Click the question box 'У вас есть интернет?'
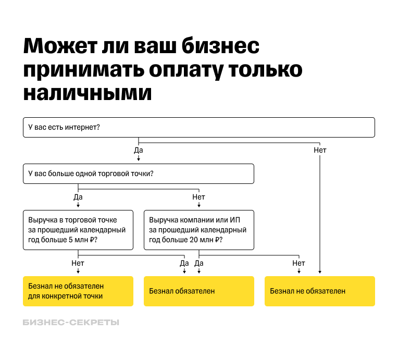pyautogui.click(x=198, y=127)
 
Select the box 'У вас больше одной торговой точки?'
pyautogui.click(x=139, y=174)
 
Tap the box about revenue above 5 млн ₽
pyautogui.click(x=78, y=230)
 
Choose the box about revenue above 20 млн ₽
pyautogui.click(x=198, y=230)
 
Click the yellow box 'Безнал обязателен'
pyautogui.click(x=198, y=291)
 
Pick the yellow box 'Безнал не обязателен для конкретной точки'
pyautogui.click(x=78, y=291)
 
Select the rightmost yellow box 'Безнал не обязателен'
pyautogui.click(x=319, y=291)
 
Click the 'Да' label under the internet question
pyautogui.click(x=139, y=150)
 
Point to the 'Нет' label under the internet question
pyautogui.click(x=320, y=150)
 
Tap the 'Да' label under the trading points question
pyautogui.click(x=78, y=197)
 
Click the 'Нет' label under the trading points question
pyautogui.click(x=199, y=197)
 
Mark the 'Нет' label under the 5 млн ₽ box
pyautogui.click(x=78, y=263)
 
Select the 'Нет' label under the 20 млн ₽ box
pyautogui.click(x=298, y=263)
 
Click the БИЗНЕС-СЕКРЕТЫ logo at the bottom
pyautogui.click(x=71, y=322)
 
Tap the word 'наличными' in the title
pyautogui.click(x=88, y=92)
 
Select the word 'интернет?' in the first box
pyautogui.click(x=83, y=127)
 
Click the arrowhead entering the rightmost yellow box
pyautogui.click(x=320, y=272)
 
